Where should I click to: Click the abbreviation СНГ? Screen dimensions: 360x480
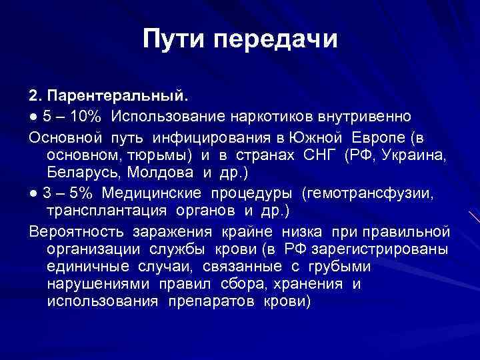(322, 155)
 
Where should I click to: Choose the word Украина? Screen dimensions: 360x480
(418, 155)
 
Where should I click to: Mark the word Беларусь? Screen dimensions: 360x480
(78, 173)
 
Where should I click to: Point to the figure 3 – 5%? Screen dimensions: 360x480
(67, 193)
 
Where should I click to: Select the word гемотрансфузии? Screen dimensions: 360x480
(376, 193)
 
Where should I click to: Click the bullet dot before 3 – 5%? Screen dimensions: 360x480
(33, 193)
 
